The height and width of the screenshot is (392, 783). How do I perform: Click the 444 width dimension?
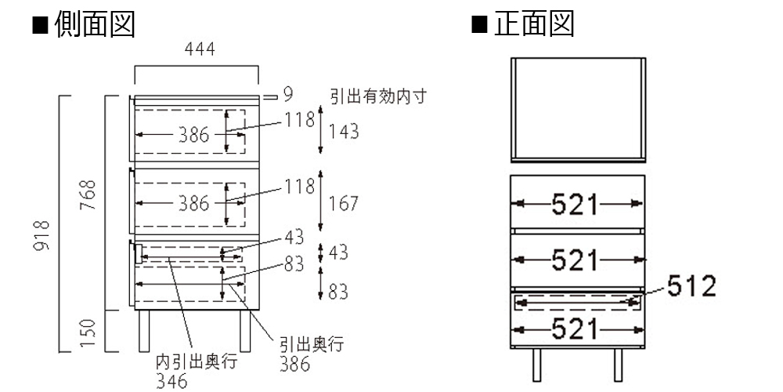tap(199, 49)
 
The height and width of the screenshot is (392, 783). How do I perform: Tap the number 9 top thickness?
tap(287, 96)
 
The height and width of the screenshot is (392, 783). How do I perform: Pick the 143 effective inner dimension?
tap(344, 132)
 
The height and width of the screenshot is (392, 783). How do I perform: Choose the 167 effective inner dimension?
tap(344, 204)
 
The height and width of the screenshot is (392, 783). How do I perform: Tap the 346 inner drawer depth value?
tap(171, 381)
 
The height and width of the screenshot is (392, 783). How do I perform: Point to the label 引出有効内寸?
tap(377, 96)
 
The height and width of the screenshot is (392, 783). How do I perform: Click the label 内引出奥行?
tap(196, 363)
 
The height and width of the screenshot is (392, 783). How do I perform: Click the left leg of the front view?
tap(538, 365)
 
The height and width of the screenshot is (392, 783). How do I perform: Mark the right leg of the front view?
tap(619, 365)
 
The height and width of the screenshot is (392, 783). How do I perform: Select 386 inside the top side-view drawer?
tap(193, 135)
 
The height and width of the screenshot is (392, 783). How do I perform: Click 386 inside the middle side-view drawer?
tap(193, 204)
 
